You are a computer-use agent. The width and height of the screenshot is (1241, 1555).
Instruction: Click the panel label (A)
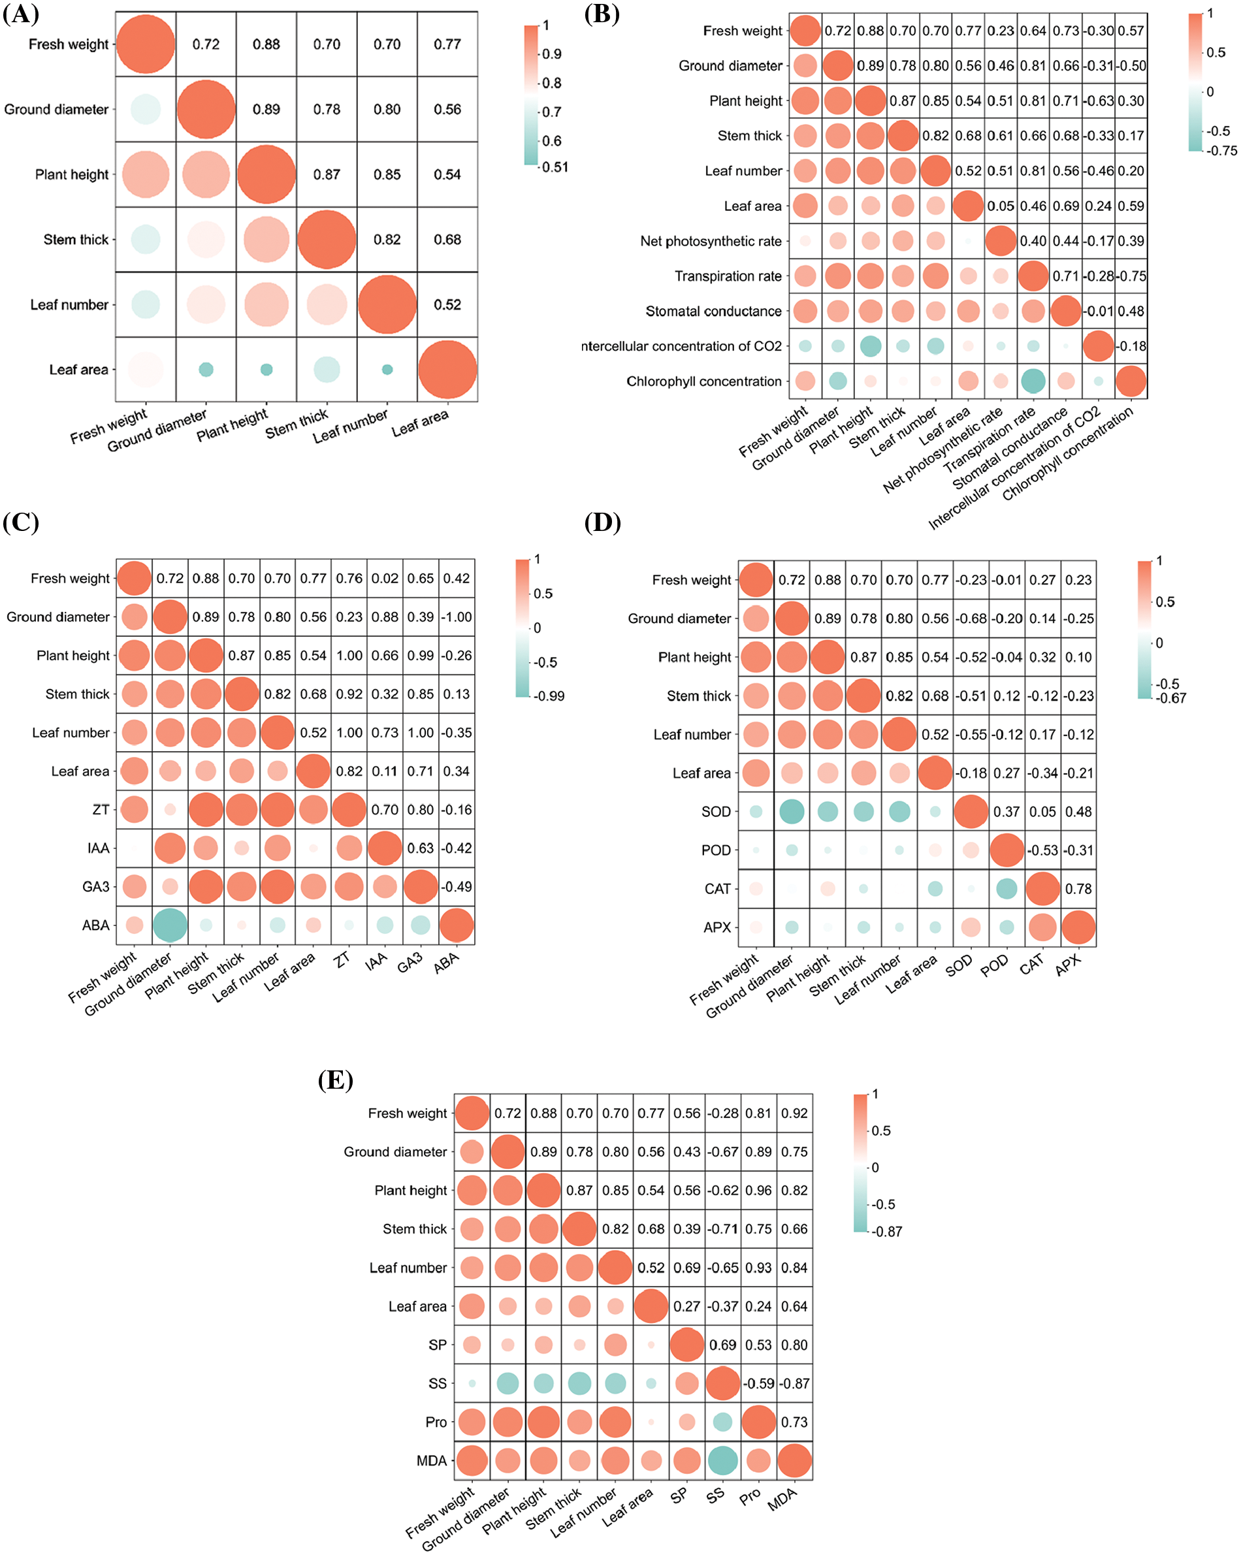point(21,14)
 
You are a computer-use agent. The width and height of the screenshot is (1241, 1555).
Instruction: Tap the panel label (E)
point(336,1080)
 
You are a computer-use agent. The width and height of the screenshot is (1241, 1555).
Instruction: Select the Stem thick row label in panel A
point(76,240)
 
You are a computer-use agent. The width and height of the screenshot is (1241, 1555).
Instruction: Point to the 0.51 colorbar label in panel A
point(556,167)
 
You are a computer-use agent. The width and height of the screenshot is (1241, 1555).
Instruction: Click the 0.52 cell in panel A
point(447,304)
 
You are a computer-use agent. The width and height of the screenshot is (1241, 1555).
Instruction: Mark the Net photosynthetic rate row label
point(711,241)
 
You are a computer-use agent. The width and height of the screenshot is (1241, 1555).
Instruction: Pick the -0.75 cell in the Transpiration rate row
point(1131,276)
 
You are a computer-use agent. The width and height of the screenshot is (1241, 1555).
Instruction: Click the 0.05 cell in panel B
point(1001,206)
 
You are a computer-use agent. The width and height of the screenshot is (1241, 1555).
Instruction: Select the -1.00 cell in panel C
point(457,617)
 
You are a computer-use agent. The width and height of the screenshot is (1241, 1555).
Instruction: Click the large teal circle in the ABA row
point(170,925)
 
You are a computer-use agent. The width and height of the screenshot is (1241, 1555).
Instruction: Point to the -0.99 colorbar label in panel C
point(549,696)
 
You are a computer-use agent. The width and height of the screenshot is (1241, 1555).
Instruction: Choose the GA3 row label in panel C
point(96,886)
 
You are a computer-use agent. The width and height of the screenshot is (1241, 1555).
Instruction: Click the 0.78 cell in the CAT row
point(1078,890)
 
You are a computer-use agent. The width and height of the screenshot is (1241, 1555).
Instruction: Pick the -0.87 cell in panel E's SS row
point(794,1383)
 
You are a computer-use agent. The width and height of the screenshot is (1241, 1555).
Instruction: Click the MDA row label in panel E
point(432,1460)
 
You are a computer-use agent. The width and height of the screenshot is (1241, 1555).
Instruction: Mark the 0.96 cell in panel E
point(758,1190)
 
